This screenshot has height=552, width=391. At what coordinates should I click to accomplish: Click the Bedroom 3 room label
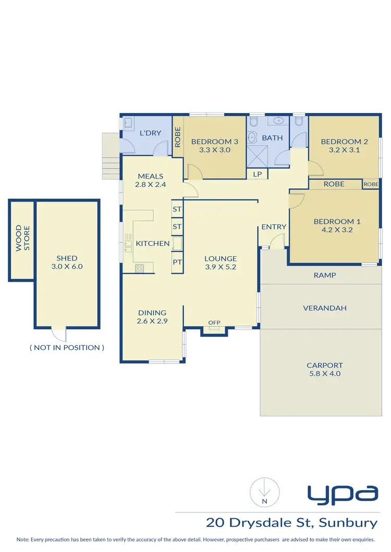pos(214,141)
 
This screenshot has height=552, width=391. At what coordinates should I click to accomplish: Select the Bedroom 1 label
pos(337,221)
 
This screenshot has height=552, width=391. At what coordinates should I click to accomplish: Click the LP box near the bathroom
pos(257,174)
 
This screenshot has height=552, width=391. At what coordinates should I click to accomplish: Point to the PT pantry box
pos(177,262)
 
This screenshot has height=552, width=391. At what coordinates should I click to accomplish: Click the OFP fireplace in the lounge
pos(214,323)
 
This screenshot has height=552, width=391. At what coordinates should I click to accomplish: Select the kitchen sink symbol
pos(127,243)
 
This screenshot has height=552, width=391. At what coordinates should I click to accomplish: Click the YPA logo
pos(342,495)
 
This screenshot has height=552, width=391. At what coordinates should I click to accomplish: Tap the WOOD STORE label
pos(22,238)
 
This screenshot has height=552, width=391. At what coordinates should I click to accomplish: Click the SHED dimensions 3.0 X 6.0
pos(67,266)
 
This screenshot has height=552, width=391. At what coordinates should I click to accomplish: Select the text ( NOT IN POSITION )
pos(67,347)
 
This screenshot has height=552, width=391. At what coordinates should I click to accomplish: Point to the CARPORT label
pos(324,365)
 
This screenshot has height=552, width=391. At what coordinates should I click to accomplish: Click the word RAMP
pos(324,275)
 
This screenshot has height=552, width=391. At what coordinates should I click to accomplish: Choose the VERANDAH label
pos(324,308)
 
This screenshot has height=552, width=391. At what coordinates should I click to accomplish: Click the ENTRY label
pos(274,227)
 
